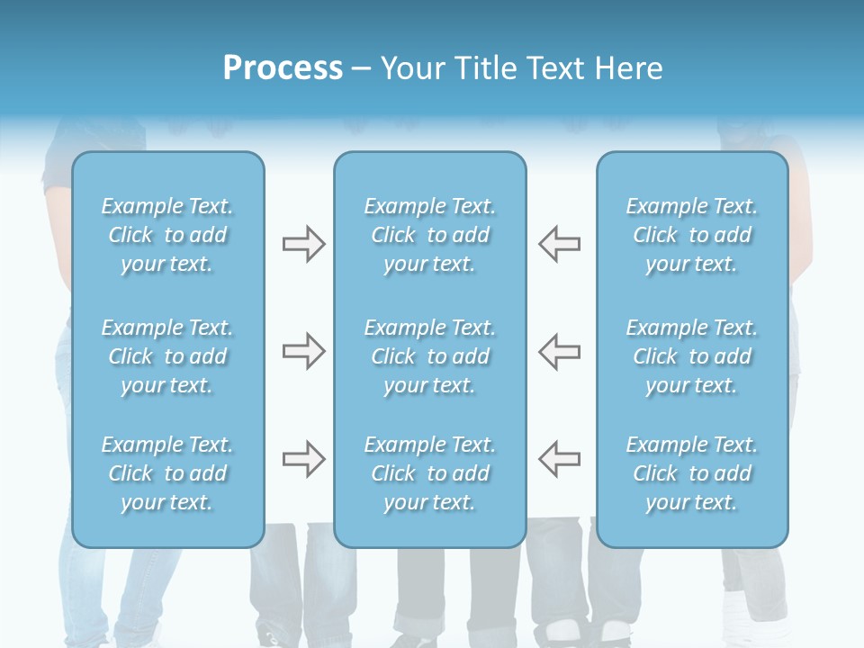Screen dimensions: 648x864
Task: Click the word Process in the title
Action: coord(283,68)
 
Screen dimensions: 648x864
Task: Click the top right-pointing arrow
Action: coord(304,244)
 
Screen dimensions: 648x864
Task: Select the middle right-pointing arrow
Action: coord(304,351)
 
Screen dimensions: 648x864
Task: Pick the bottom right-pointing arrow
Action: coord(304,459)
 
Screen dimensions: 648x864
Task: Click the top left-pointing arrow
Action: coord(559,244)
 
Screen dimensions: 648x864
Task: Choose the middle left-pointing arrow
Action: coord(559,351)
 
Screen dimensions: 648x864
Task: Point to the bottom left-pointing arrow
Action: coord(559,459)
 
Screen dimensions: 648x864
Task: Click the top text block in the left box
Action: coord(167,235)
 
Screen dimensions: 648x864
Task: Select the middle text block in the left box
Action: coord(167,356)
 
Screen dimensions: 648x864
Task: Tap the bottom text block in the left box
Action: coord(167,473)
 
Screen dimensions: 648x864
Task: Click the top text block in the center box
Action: coord(430,235)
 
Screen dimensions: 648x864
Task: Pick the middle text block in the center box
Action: coord(430,356)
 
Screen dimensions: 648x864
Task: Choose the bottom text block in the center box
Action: coord(430,473)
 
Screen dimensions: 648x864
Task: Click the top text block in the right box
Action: coord(692,235)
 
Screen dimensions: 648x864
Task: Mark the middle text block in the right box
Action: coord(692,356)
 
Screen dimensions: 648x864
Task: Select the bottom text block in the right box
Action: coord(692,473)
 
